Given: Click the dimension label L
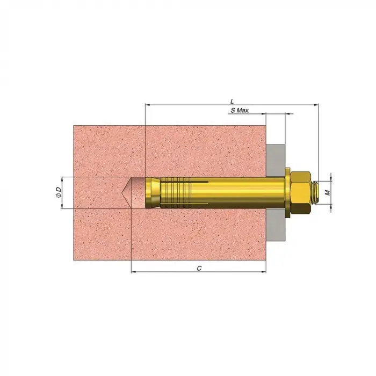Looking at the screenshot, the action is pyautogui.click(x=232, y=102).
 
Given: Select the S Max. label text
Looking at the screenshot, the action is pyautogui.click(x=240, y=110).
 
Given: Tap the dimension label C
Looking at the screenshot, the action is pyautogui.click(x=199, y=269).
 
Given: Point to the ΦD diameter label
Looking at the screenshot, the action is pyautogui.click(x=59, y=192).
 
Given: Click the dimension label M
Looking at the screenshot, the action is pyautogui.click(x=328, y=192).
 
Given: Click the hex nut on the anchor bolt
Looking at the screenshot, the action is pyautogui.click(x=300, y=193).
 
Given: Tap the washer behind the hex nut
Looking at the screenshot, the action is pyautogui.click(x=287, y=193).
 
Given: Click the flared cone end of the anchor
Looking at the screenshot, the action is pyautogui.click(x=153, y=193).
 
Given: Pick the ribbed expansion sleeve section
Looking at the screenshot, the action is pyautogui.click(x=176, y=193).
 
